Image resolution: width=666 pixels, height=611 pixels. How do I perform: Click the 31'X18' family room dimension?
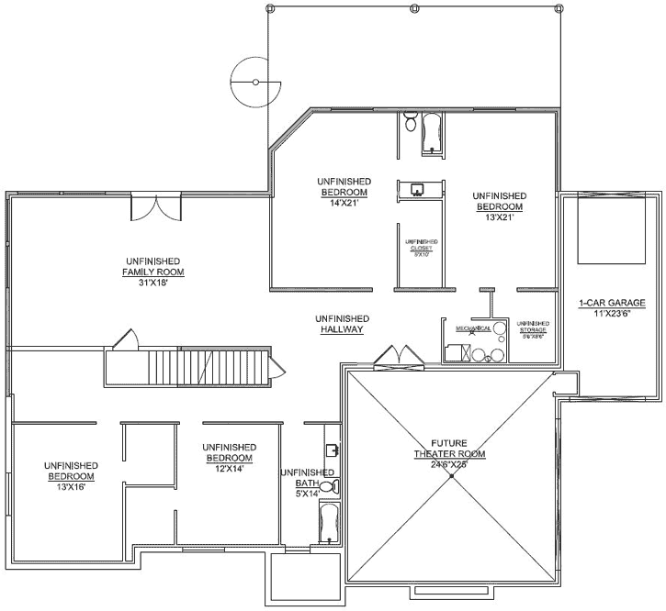point(154,283)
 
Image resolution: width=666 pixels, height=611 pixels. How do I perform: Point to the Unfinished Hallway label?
point(344,323)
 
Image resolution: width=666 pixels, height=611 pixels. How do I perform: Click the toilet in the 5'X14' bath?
point(334,486)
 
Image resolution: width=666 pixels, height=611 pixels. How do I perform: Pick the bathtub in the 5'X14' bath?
point(328,523)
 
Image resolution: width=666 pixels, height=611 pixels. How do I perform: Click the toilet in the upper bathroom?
point(410,123)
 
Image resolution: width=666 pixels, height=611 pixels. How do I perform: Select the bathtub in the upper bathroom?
point(432,134)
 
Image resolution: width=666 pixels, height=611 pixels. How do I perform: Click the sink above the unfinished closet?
point(417,190)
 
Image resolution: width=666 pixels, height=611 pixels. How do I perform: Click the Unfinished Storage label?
point(533,329)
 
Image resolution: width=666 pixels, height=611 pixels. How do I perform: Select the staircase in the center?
point(207,368)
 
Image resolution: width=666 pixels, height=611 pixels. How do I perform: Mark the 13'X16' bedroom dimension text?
point(71,487)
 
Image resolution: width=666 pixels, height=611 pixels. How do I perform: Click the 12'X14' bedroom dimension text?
point(228,468)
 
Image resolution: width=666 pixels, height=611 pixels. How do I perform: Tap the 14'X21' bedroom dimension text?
point(344,203)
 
